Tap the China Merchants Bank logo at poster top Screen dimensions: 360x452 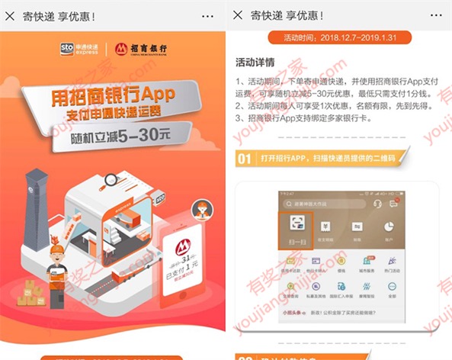139,50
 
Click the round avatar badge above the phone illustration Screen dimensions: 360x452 200,210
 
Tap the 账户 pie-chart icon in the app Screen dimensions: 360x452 388,231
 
